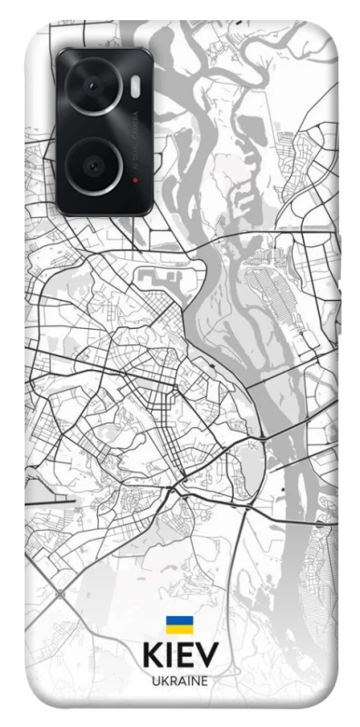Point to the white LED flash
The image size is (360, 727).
coord(135,85)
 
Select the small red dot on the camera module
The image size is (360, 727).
coord(135,179)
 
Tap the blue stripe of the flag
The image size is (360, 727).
coord(179,620)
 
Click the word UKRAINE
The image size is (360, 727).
coord(179,680)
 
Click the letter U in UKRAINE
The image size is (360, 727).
coord(155,680)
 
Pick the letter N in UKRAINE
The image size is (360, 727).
coord(193,680)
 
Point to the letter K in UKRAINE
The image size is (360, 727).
coord(163,680)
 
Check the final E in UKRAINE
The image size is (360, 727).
coord(203,680)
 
